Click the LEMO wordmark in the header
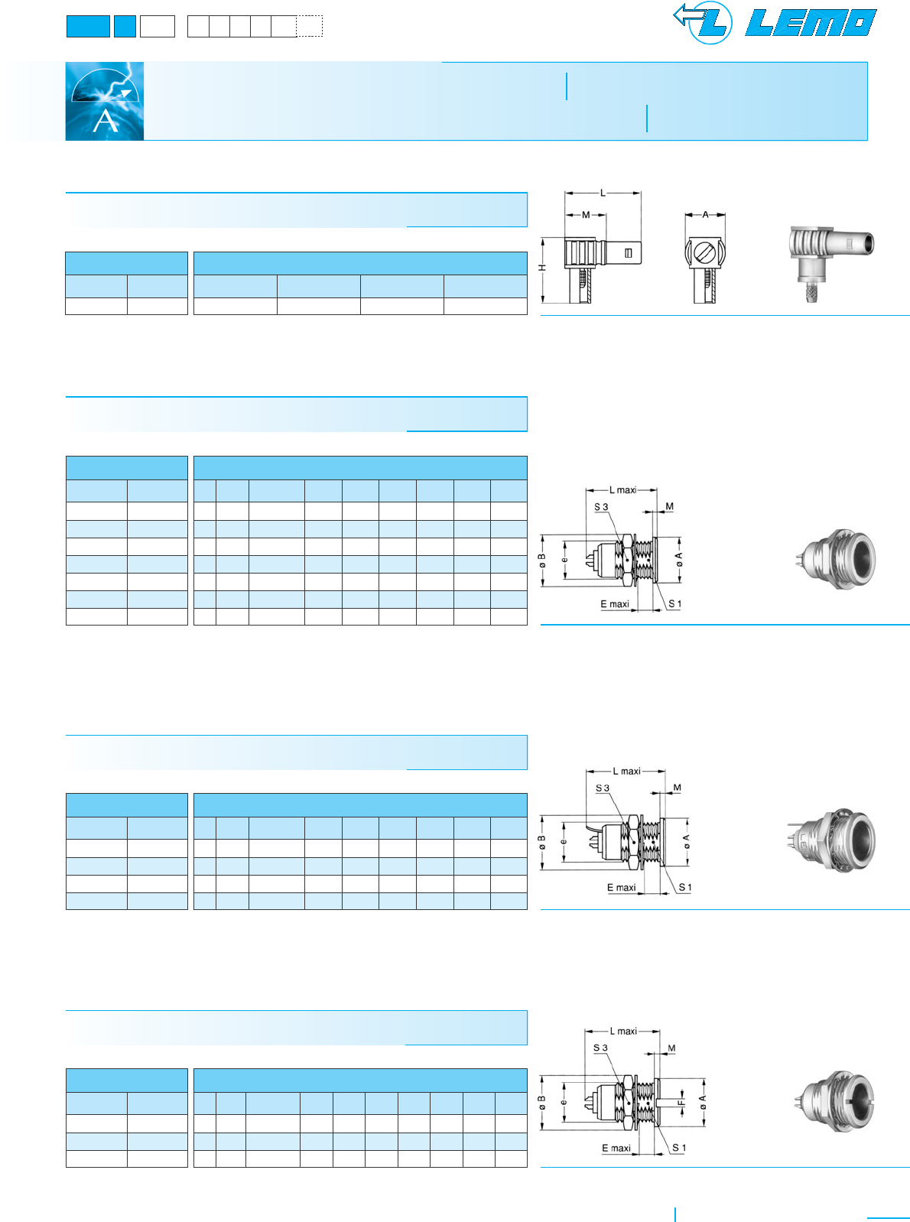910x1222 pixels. point(811,23)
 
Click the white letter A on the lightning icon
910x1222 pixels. point(106,121)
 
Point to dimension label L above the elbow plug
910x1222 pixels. point(603,193)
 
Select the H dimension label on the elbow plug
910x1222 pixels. point(542,268)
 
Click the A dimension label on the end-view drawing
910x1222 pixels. point(705,215)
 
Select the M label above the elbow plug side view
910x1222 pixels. point(586,215)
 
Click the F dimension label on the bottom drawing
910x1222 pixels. point(681,1103)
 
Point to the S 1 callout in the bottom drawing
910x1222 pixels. point(679,1148)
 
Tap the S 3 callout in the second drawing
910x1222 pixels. point(601,507)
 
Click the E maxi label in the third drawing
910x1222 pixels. point(621,888)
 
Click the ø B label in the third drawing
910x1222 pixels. point(542,842)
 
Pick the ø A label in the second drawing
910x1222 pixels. point(678,560)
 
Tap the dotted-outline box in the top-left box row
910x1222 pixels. point(310,27)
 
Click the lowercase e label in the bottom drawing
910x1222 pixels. point(564,1102)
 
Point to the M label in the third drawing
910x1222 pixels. point(677,788)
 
